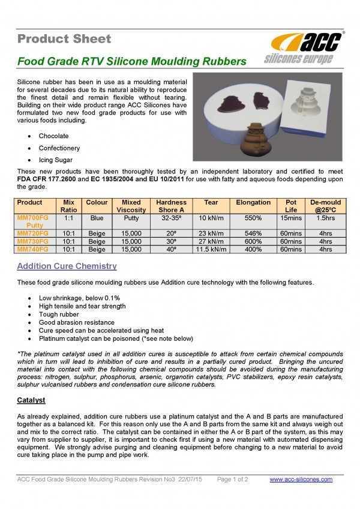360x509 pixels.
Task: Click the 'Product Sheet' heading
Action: pos(64,39)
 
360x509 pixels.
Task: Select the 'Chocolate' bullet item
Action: pos(54,136)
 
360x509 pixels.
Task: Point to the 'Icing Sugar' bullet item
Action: pos(56,160)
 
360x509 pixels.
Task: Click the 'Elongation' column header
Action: pos(253,203)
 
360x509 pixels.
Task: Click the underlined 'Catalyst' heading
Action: pos(32,400)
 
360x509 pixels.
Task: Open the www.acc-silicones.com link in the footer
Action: pos(301,480)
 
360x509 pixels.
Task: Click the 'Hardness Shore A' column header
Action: pos(171,206)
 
